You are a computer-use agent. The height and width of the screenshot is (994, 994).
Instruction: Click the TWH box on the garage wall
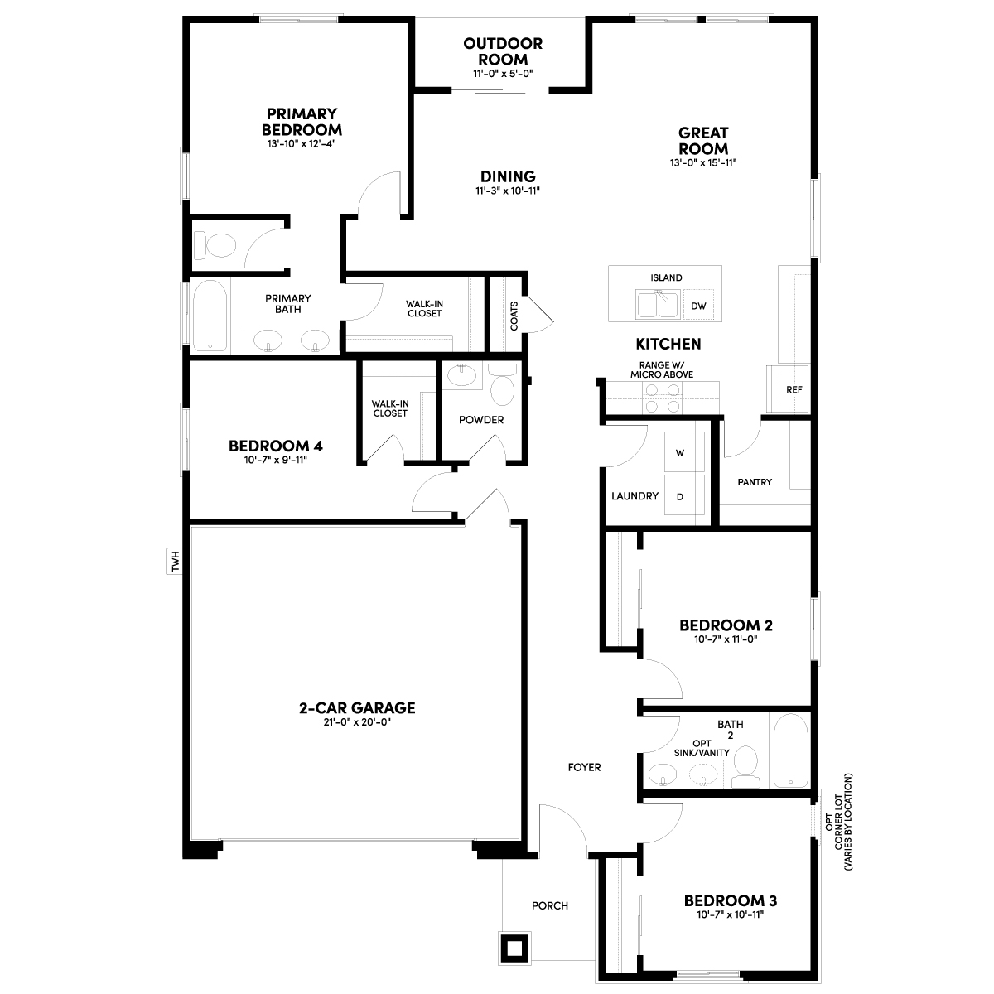[x=176, y=562]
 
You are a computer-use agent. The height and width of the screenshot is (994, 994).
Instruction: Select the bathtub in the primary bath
[x=210, y=316]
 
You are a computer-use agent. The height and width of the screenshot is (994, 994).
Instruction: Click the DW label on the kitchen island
[x=698, y=306]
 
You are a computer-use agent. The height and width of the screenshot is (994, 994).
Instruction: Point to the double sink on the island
[x=658, y=304]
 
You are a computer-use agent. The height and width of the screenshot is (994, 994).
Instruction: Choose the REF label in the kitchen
[x=794, y=389]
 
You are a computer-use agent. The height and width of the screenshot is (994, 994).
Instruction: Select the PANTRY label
[x=754, y=482]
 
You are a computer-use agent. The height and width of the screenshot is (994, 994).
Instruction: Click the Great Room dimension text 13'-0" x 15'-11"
[x=703, y=162]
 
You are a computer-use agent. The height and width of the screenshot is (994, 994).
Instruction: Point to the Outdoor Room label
[x=503, y=51]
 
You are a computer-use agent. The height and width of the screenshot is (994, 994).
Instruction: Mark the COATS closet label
[x=514, y=316]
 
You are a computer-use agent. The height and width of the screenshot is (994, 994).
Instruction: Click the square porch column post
[x=514, y=948]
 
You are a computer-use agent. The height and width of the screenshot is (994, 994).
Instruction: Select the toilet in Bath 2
[x=745, y=766]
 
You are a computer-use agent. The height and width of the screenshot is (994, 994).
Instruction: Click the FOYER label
[x=584, y=767]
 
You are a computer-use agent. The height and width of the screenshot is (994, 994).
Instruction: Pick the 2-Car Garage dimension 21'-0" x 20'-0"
[x=357, y=722]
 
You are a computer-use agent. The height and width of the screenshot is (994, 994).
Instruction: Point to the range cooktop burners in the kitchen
[x=663, y=398]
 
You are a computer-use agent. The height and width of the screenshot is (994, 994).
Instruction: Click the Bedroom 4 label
[x=276, y=446]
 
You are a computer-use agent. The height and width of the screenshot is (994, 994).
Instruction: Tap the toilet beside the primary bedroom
[x=215, y=245]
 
